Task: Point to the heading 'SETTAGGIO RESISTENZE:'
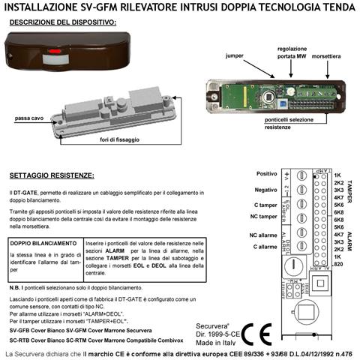point(52,176)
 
